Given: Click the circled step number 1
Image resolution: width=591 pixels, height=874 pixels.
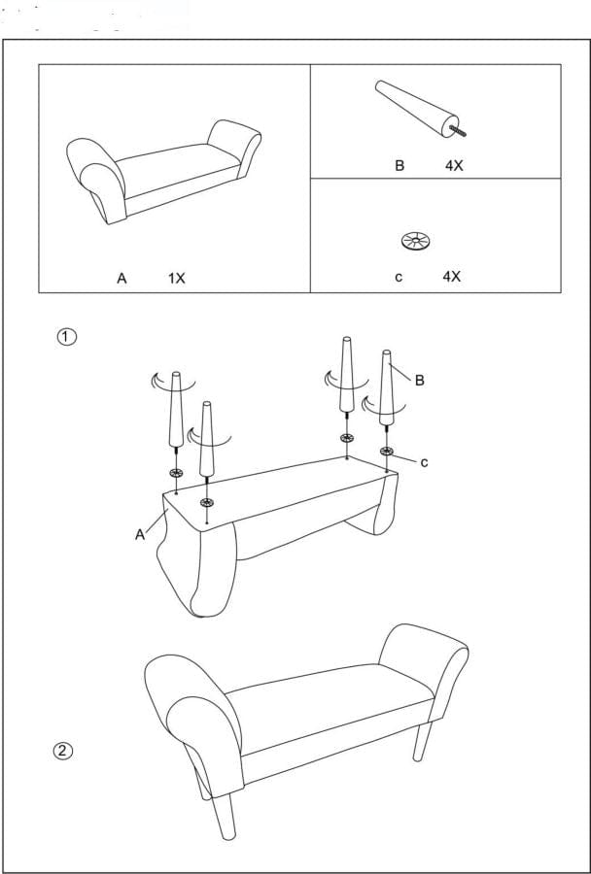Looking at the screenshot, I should (66, 337).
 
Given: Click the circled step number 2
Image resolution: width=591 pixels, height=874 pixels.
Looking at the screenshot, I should (63, 750).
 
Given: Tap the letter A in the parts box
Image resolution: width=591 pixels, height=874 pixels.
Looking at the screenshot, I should (122, 278).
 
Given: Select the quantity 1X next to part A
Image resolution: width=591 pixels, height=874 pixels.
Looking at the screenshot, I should (176, 278).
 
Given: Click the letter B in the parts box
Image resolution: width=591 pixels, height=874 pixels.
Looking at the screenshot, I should (399, 166).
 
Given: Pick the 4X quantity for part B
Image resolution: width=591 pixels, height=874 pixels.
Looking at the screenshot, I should (454, 166).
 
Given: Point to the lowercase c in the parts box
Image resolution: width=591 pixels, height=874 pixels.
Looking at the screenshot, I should (399, 277).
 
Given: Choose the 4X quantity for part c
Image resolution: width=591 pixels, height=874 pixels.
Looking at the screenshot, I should (451, 277).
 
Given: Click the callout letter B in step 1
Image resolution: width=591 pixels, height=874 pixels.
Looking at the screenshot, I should (419, 381).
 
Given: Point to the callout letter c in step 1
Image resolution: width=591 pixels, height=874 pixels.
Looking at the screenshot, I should (424, 462).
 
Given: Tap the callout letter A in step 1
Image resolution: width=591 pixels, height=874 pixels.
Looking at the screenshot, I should (140, 533).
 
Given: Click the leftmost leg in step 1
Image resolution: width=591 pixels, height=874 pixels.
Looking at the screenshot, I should (176, 409).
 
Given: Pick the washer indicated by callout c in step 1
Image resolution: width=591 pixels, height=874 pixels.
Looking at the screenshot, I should (387, 452).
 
